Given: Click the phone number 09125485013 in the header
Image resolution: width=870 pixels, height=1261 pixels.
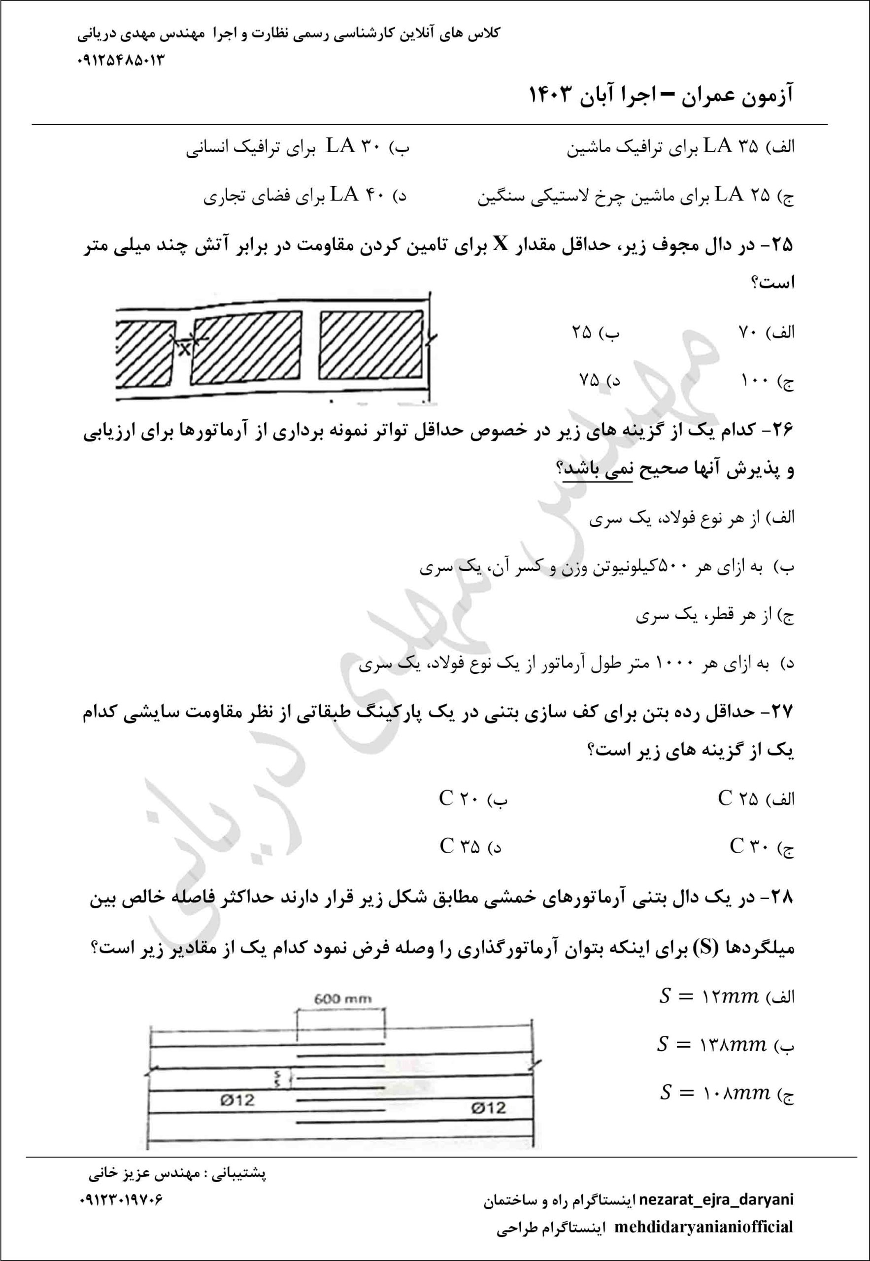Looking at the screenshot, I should click(121, 60).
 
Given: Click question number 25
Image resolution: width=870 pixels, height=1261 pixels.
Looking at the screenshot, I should click(780, 245).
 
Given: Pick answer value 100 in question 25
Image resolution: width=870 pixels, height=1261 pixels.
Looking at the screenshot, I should click(754, 380).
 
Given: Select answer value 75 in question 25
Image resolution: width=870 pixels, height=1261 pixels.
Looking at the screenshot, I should click(589, 380).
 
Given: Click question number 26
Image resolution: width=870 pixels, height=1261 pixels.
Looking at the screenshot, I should click(780, 431).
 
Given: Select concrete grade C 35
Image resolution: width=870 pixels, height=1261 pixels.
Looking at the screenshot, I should click(460, 846).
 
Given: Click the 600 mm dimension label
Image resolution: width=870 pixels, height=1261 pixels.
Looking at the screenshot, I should click(343, 998).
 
